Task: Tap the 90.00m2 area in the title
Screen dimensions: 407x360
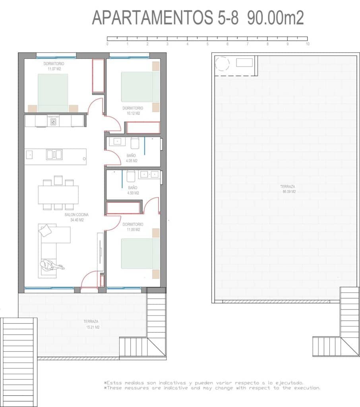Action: pos(275,18)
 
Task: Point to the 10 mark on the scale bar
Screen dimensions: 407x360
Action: pos(307,44)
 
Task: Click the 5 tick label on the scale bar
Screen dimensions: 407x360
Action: pos(207,44)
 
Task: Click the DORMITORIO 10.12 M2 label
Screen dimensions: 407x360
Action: pos(133,110)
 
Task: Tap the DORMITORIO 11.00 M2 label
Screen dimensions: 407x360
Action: pos(133,227)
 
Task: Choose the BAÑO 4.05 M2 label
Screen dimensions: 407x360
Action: pos(132,158)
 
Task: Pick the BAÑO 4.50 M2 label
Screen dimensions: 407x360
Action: pos(133,190)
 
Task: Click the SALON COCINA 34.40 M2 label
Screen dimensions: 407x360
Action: pos(77,217)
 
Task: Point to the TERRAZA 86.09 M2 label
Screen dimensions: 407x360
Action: pos(288,189)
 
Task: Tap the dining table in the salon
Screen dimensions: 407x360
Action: pos(58,195)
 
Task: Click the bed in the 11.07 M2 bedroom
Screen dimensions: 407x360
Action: pos(53,93)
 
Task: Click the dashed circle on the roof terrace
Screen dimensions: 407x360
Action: pos(222,64)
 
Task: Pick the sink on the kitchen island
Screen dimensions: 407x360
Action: pos(54,154)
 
